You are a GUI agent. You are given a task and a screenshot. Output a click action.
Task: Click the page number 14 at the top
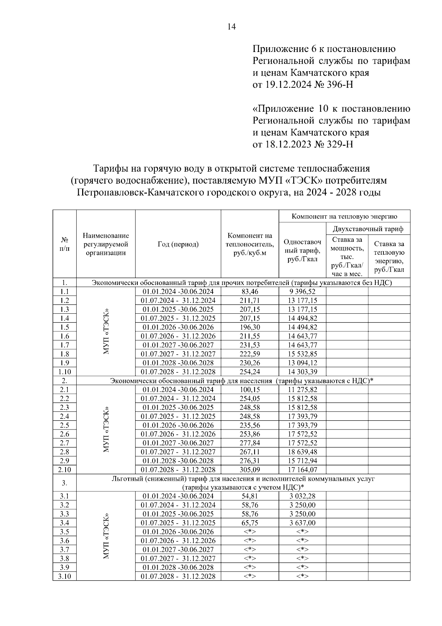(231, 27)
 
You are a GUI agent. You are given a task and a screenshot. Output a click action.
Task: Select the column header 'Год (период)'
(178, 244)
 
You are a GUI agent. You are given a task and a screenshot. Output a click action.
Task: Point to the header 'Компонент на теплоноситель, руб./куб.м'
(250, 244)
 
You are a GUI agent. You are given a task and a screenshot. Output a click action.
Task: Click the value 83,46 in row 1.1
(250, 292)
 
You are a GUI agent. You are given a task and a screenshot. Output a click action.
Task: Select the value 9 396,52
(302, 292)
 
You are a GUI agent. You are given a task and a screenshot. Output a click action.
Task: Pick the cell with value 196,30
(250, 327)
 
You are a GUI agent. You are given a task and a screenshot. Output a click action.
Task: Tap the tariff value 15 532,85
(302, 354)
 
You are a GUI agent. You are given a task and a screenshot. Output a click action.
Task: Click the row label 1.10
(64, 372)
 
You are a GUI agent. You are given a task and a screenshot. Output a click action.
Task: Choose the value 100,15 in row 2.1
(250, 390)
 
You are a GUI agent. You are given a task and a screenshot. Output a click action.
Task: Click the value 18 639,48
(302, 452)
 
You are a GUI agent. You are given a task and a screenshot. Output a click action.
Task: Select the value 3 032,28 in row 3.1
(302, 496)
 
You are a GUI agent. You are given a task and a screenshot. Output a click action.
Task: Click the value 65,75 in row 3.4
(250, 523)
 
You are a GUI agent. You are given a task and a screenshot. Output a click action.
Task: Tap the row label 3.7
(64, 550)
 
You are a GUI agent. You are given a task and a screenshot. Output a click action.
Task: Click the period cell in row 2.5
(178, 425)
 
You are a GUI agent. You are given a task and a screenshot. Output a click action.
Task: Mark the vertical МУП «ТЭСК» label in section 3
(106, 536)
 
